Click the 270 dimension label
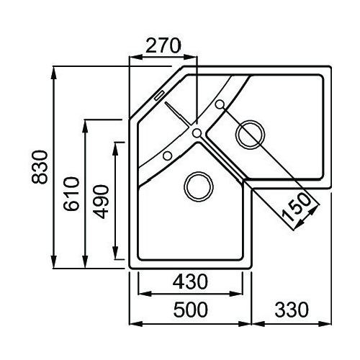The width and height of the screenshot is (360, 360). pyautogui.click(x=163, y=46)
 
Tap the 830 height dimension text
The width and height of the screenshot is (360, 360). pyautogui.click(x=40, y=167)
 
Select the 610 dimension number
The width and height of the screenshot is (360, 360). pyautogui.click(x=71, y=194)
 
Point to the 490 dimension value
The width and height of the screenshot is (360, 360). pyautogui.click(x=101, y=202)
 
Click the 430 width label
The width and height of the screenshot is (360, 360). pyautogui.click(x=190, y=282)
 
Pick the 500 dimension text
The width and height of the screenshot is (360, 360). pyautogui.click(x=191, y=310)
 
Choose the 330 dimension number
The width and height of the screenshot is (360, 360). pyautogui.click(x=292, y=310)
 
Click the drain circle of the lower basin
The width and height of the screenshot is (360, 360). pyautogui.click(x=199, y=186)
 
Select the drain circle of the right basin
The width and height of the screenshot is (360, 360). pyautogui.click(x=251, y=135)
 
